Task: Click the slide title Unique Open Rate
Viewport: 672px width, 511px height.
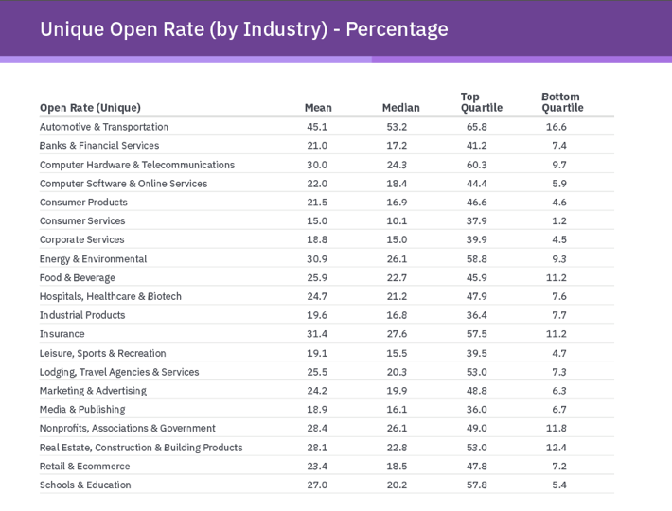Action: (244, 29)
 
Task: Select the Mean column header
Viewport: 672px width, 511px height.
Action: (318, 108)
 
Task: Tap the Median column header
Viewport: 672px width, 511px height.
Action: (400, 108)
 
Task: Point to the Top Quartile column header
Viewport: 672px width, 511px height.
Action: (481, 102)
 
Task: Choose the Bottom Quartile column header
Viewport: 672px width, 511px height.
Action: (561, 102)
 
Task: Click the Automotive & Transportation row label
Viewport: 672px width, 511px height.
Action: (104, 127)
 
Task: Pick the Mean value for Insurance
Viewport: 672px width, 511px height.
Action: (317, 334)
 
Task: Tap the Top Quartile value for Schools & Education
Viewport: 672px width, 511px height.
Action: (477, 485)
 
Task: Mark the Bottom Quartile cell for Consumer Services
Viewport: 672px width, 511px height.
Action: (557, 220)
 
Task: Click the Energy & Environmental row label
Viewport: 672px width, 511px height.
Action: (93, 258)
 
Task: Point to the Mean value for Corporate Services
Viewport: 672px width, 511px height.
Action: (317, 239)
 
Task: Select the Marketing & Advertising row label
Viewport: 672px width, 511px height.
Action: (93, 390)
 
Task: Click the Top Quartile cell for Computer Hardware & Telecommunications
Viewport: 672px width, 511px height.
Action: (477, 165)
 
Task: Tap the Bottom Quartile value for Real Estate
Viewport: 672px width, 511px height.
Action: (557, 447)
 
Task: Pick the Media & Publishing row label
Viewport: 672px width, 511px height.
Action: (82, 409)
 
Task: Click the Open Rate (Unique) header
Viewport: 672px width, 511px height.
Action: (90, 108)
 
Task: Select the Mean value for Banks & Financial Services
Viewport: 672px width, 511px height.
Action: (317, 146)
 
